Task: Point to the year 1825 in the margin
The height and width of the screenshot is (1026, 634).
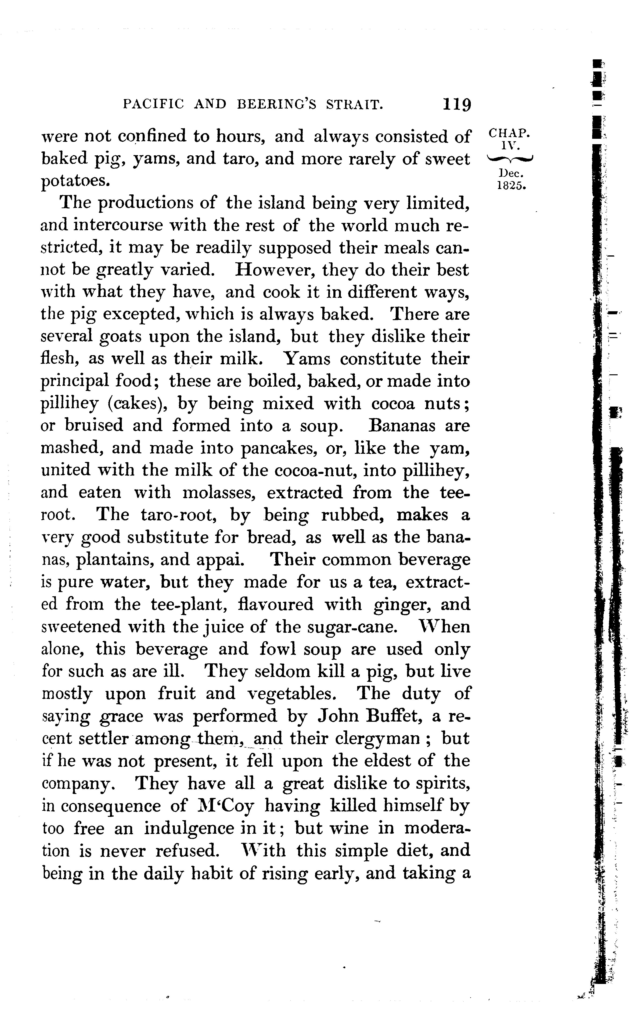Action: pos(511,186)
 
